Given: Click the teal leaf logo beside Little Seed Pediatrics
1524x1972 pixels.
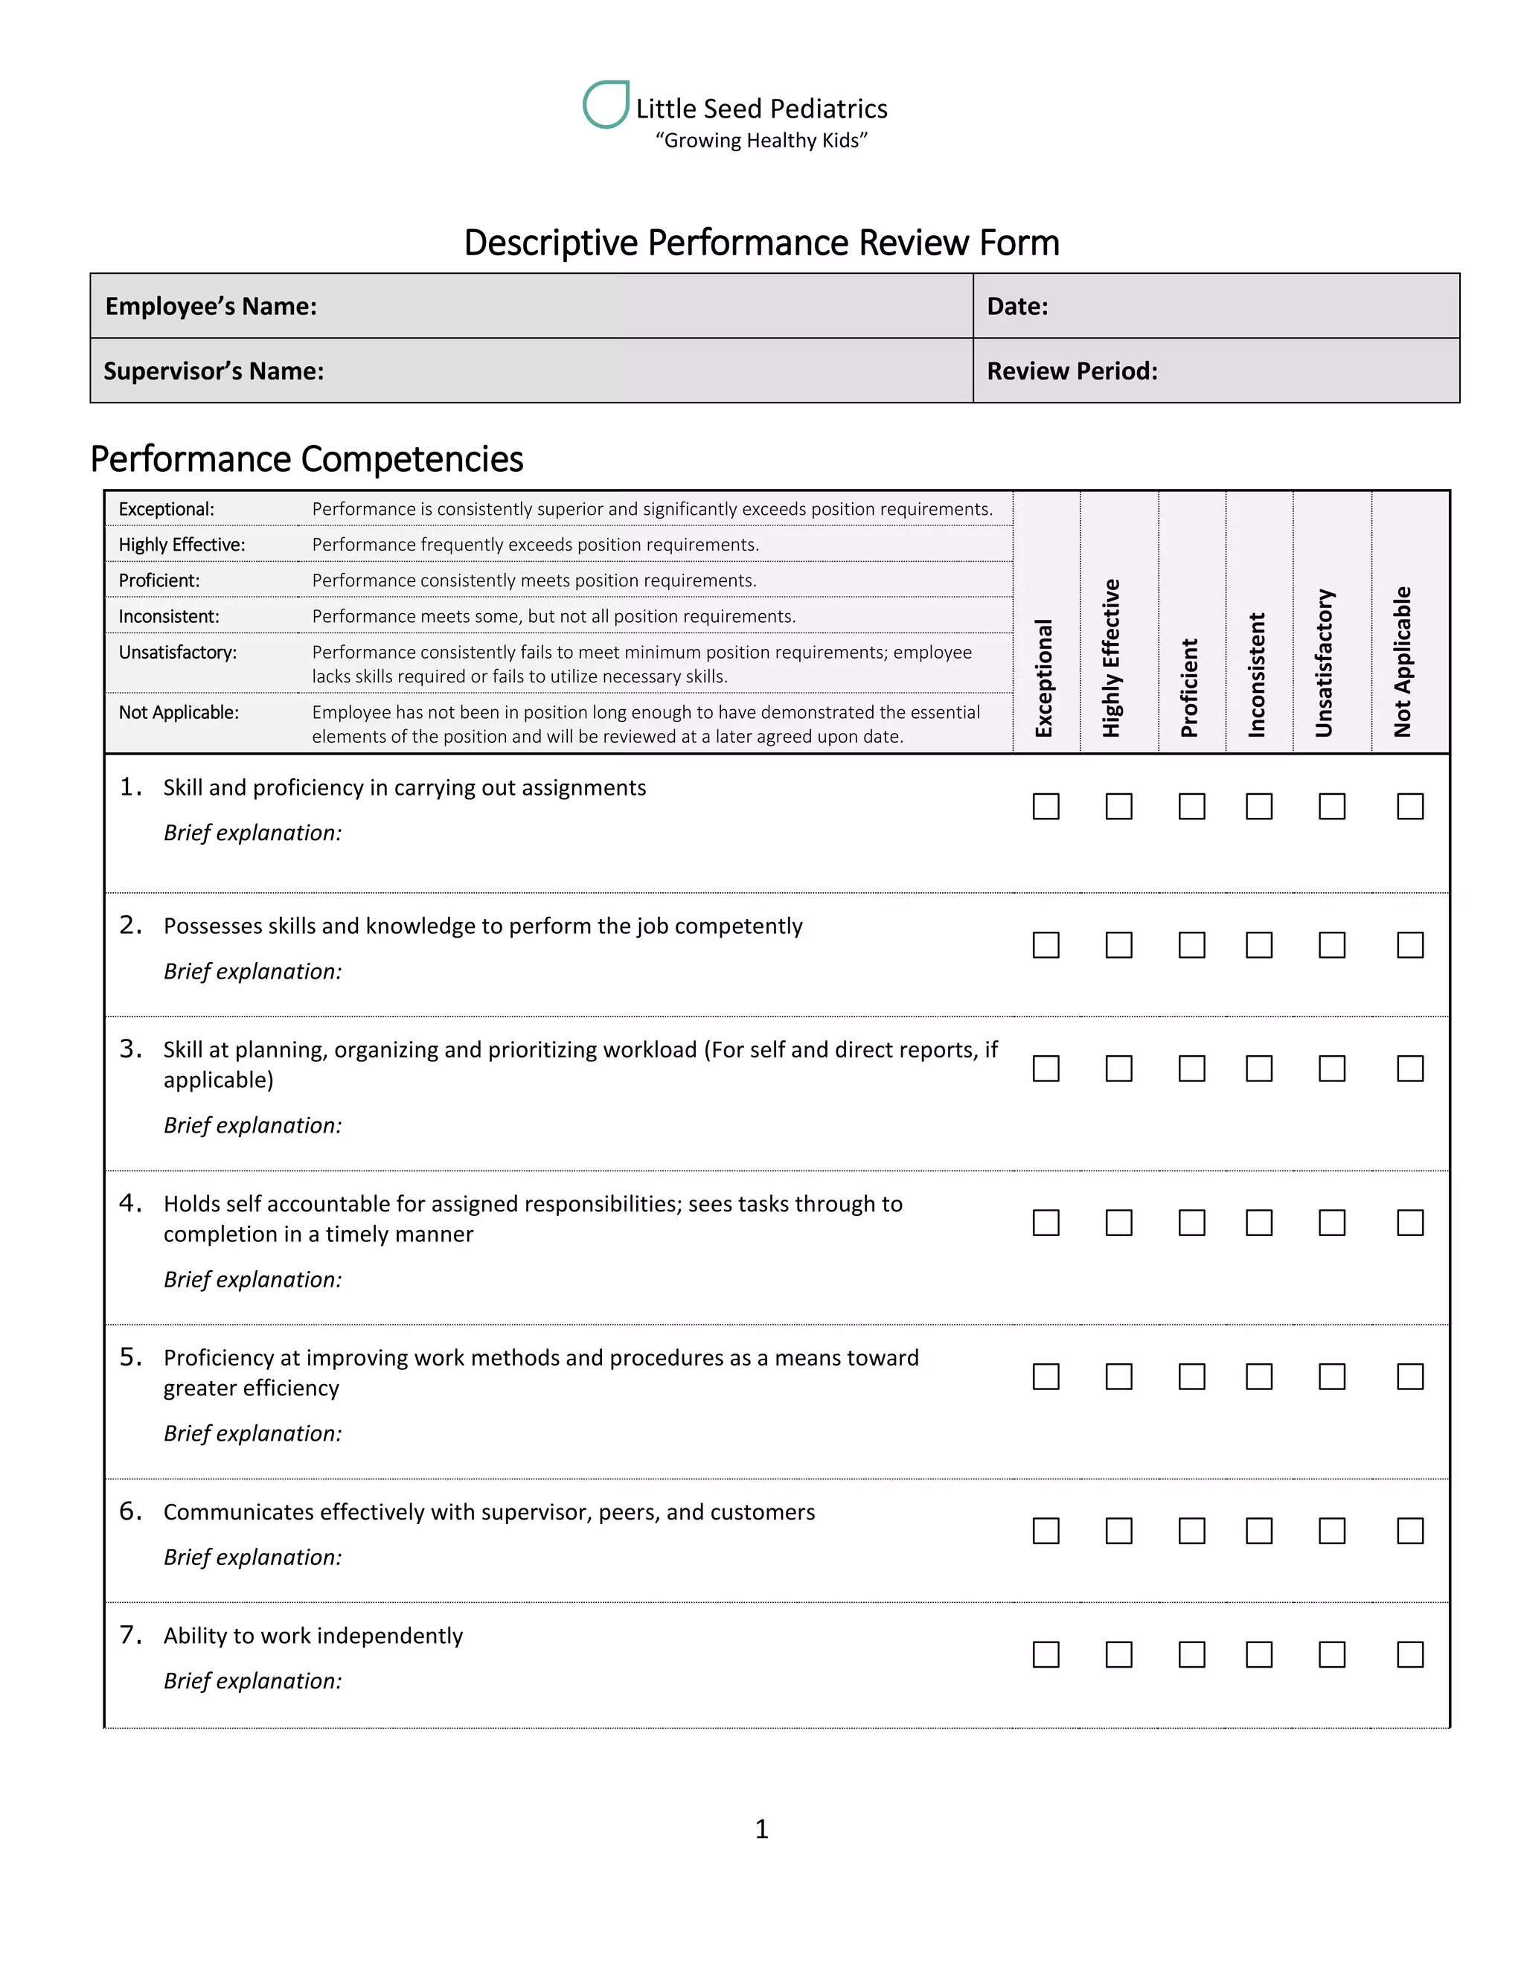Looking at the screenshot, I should tap(606, 105).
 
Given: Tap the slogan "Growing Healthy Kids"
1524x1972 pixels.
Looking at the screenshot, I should tap(761, 141).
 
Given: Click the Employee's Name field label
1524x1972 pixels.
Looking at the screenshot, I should tap(211, 306).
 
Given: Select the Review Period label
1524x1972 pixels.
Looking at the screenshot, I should tap(1072, 371).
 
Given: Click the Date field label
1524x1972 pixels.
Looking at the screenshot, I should tap(1016, 306).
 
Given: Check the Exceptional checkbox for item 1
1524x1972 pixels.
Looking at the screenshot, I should tap(1046, 807).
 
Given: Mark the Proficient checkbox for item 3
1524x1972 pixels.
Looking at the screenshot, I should tap(1192, 1068).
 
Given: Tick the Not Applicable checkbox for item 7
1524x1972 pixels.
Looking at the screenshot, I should tap(1409, 1654).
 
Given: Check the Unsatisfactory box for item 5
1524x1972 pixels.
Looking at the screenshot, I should tap(1332, 1376).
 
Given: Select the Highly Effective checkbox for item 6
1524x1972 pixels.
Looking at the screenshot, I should tap(1118, 1531).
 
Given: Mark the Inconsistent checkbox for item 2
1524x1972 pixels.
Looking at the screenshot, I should tap(1258, 945).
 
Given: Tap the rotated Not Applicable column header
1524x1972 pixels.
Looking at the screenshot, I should tap(1402, 661).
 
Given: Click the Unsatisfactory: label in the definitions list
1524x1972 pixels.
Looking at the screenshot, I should tap(178, 652).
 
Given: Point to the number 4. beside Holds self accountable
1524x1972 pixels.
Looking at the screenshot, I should tap(130, 1203).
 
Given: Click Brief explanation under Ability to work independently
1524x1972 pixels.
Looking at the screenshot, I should tap(253, 1680).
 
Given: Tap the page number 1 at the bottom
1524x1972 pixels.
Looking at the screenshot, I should tap(761, 1829).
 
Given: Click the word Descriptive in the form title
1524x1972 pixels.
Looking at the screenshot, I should tap(551, 243).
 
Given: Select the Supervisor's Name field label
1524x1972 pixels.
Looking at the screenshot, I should tap(214, 371).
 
